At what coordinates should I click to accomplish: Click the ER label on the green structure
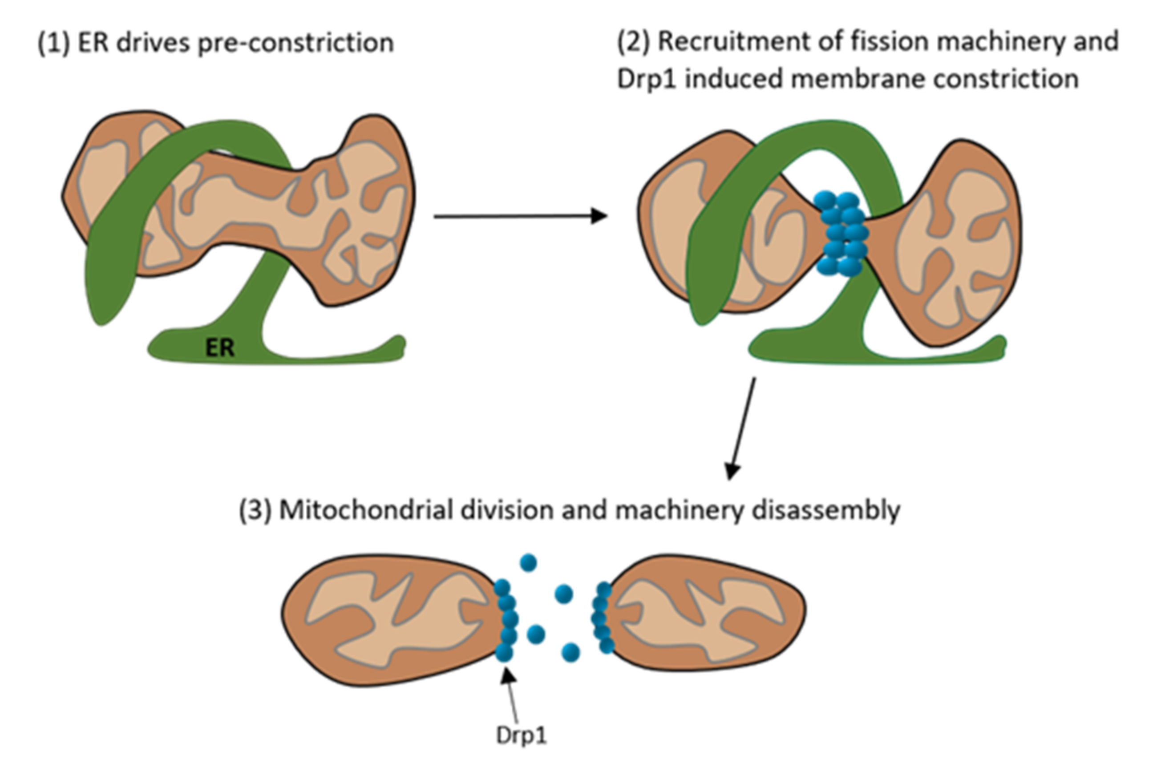click(220, 348)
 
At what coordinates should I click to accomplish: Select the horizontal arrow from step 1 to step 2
click(521, 216)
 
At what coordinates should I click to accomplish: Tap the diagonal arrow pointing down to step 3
click(741, 428)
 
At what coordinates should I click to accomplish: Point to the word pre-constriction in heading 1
click(296, 43)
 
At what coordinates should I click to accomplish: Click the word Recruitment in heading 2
click(734, 41)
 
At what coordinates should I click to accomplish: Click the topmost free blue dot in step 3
click(528, 563)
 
